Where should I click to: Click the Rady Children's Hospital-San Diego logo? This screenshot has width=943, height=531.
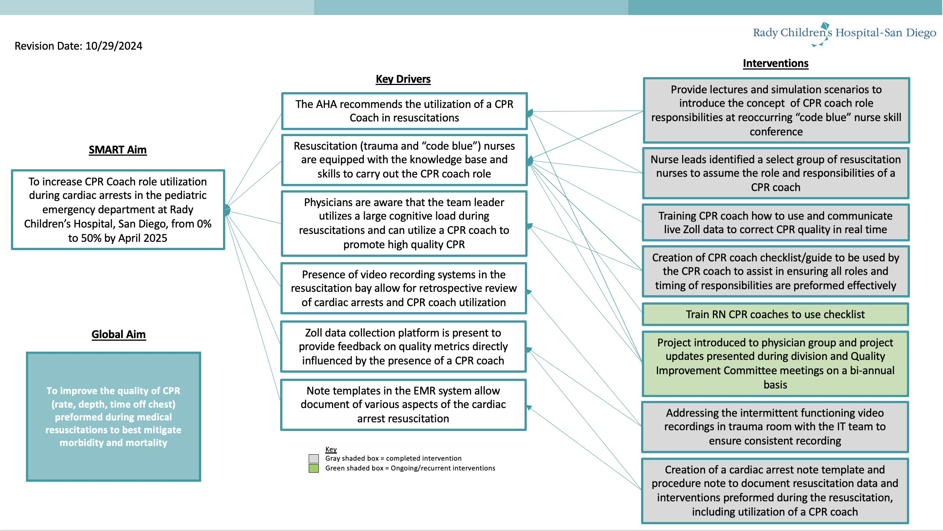pos(844,34)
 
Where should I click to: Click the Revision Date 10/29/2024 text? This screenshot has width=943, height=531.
pos(79,46)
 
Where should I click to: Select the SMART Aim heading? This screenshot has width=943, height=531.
pos(118,150)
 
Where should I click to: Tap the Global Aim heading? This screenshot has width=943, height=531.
pos(118,334)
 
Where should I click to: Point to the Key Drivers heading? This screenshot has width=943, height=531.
pos(403,79)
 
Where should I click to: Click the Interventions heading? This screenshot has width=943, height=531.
pos(776,63)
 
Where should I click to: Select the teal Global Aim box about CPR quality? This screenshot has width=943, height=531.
pos(114,417)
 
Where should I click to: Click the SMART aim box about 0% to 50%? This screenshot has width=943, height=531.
pos(118,209)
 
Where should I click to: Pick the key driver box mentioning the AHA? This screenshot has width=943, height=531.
pos(404,111)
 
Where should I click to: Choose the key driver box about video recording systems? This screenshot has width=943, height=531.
pos(404,288)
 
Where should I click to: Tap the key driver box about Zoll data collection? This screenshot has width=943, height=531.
pos(403,347)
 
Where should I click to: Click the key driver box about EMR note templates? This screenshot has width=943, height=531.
pos(403,405)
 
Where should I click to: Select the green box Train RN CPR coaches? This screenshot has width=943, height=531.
pos(775,314)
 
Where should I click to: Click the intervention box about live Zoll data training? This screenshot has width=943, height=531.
pos(776,223)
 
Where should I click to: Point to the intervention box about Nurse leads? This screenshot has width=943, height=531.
pos(776,173)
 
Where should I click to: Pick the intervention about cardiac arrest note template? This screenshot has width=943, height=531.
pos(775,491)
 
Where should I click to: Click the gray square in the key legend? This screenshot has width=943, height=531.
pos(314,458)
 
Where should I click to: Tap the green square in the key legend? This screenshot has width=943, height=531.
pos(314,468)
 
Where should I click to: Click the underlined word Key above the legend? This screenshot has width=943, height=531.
pos(331,449)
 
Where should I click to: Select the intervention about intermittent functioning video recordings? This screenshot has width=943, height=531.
pos(775,427)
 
